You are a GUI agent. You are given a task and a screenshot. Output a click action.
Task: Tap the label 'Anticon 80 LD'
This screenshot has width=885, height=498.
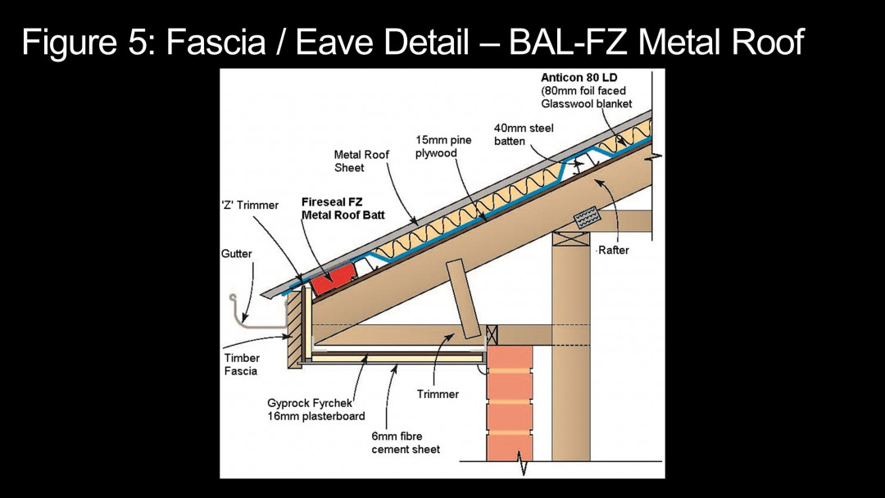pyautogui.click(x=578, y=78)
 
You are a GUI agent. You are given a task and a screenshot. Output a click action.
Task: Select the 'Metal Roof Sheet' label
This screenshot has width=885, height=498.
pyautogui.click(x=361, y=161)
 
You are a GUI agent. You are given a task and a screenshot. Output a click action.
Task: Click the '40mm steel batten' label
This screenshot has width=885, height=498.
pyautogui.click(x=524, y=134)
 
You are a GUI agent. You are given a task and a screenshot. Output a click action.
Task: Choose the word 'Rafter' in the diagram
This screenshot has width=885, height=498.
pyautogui.click(x=613, y=250)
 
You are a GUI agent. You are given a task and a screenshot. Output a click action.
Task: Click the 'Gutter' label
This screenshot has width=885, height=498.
pyautogui.click(x=237, y=254)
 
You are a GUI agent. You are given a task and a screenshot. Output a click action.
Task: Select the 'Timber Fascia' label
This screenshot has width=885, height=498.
pyautogui.click(x=242, y=364)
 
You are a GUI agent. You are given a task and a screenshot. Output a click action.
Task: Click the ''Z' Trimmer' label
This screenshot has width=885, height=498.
pyautogui.click(x=250, y=205)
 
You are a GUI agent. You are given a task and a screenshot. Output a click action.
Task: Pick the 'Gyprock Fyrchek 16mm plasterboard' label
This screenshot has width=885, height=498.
pyautogui.click(x=315, y=410)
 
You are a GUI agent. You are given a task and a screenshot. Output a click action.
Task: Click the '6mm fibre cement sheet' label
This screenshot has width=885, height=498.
pyautogui.click(x=406, y=443)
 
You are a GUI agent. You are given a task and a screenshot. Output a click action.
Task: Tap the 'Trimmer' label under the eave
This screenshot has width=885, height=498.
pyautogui.click(x=438, y=394)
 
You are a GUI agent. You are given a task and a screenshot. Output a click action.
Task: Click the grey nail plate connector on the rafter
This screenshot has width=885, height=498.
pyautogui.click(x=587, y=217)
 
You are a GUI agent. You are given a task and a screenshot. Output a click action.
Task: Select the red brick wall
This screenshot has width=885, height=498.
pyautogui.click(x=509, y=401)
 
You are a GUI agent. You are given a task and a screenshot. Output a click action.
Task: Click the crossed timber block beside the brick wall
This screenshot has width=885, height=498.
pyautogui.click(x=492, y=335)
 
